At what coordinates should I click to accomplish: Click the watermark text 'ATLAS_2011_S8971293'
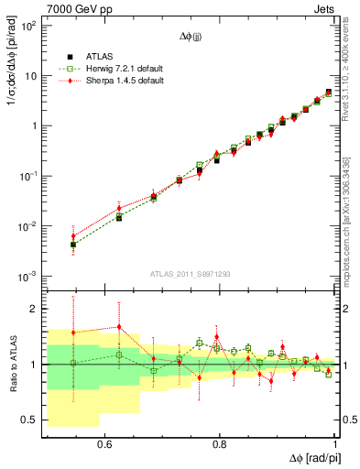[191, 274]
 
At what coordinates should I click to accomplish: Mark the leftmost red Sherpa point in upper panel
[73, 236]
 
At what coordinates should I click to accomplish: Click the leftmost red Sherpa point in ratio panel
[73, 332]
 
